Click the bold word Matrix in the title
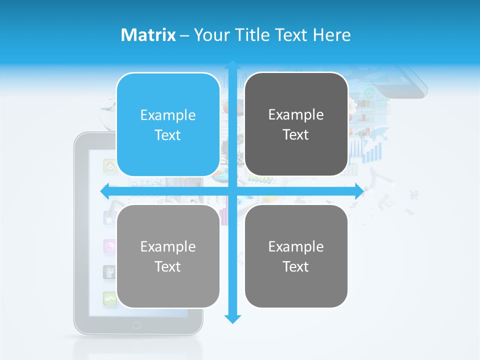pyautogui.click(x=148, y=35)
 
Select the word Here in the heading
pyautogui.click(x=332, y=35)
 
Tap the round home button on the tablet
pyautogui.click(x=136, y=325)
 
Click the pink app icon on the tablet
pyautogui.click(x=109, y=245)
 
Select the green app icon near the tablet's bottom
pyautogui.click(x=109, y=299)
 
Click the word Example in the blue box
pyautogui.click(x=168, y=115)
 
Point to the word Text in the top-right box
pyautogui.click(x=296, y=135)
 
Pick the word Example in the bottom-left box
pyautogui.click(x=168, y=246)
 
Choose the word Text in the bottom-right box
pyautogui.click(x=296, y=267)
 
